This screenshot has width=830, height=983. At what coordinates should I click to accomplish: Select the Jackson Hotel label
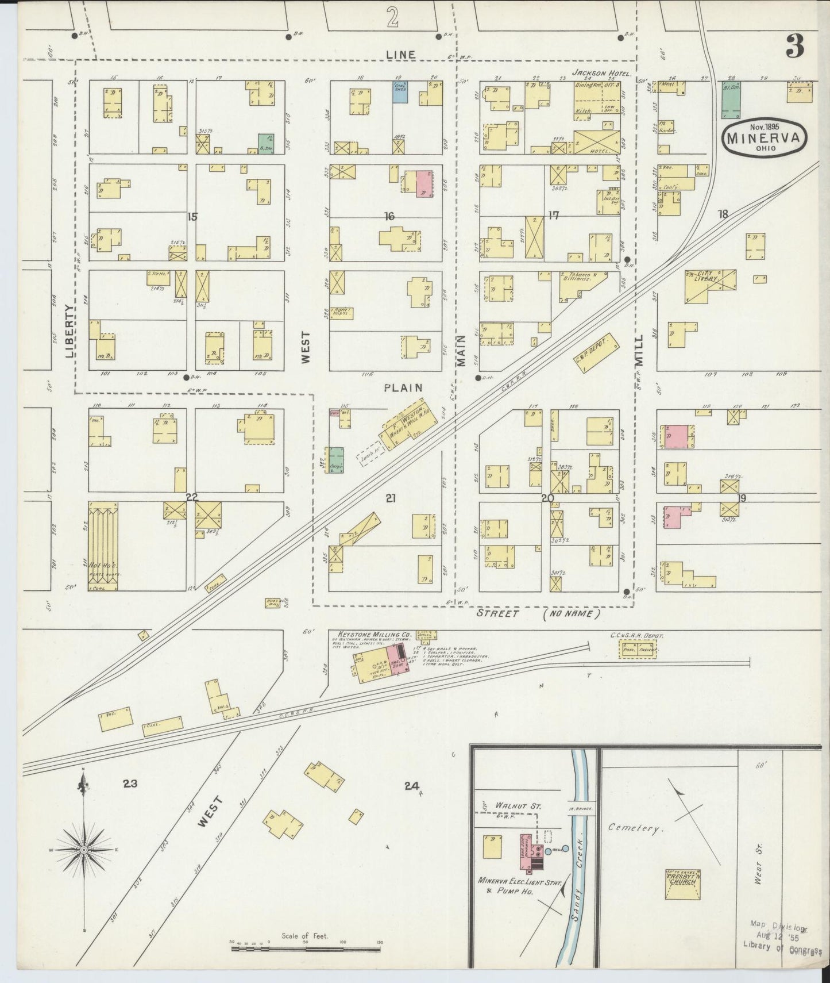point(602,74)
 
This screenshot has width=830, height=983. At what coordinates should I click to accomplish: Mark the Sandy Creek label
point(579,897)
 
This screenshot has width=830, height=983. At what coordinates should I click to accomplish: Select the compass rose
point(84,850)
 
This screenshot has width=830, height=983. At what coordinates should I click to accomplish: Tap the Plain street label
point(403,388)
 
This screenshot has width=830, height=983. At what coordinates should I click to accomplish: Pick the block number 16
point(389,216)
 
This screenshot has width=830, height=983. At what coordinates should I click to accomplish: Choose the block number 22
point(191,497)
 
